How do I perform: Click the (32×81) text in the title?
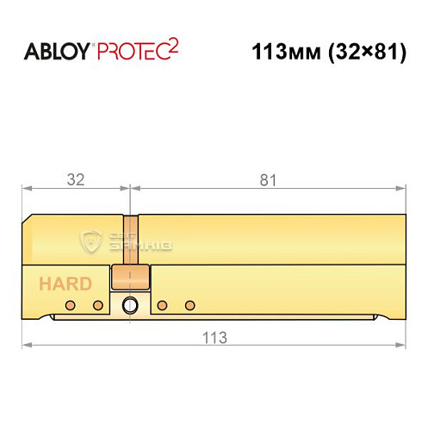click(x=364, y=51)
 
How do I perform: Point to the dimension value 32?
click(x=75, y=180)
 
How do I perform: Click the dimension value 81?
click(x=267, y=180)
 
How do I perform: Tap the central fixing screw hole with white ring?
click(x=130, y=304)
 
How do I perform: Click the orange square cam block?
click(x=130, y=278)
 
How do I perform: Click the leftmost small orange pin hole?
click(x=74, y=305)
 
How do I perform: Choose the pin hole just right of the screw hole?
click(x=162, y=305)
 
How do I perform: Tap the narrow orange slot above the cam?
click(x=130, y=237)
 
